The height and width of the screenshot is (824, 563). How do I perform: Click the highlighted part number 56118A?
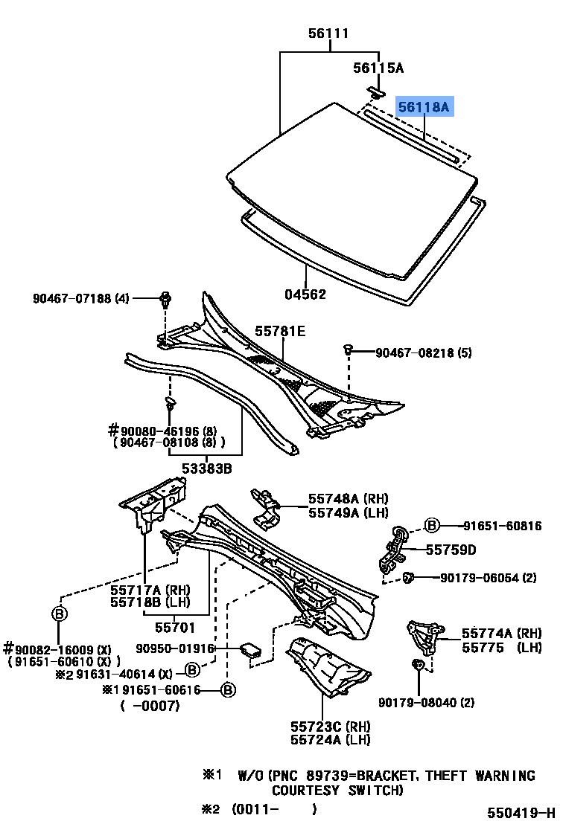pos(424,108)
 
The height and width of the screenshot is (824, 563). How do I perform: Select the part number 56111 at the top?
pos(328,33)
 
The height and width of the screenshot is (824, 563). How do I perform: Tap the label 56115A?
pos(378,68)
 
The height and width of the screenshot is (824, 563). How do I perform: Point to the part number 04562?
pos(305,294)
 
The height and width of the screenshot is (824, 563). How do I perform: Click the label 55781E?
pos(280,331)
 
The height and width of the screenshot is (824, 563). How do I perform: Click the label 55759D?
pos(451,550)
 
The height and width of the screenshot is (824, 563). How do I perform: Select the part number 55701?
pos(174,626)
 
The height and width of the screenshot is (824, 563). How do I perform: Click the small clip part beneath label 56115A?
pos(376,91)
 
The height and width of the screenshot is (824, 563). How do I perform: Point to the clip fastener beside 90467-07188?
pos(165,300)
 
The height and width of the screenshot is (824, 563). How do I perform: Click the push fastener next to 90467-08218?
pos(348,350)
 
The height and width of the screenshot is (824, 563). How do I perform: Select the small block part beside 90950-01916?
pos(251,651)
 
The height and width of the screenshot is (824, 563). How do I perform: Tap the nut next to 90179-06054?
pos(409,576)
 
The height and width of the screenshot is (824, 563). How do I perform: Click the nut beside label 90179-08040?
pos(419,664)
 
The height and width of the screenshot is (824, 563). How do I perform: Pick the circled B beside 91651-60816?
pos(432,526)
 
